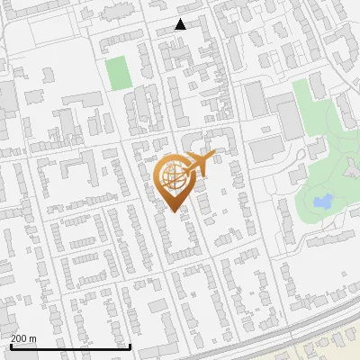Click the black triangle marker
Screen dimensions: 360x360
(x=181, y=24)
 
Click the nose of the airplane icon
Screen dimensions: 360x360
(x=213, y=156)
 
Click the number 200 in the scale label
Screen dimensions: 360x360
(x=19, y=338)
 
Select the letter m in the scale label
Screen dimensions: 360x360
(x=32, y=338)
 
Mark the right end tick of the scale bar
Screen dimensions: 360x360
(x=130, y=345)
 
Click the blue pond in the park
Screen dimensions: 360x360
(x=321, y=202)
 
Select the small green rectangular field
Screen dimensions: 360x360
(x=118, y=72)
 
